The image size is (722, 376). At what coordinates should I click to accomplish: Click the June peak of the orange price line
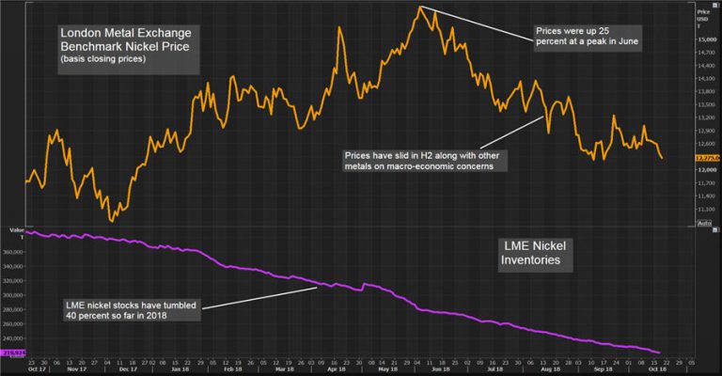click(x=420, y=8)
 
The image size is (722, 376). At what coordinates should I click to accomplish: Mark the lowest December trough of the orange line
click(x=113, y=221)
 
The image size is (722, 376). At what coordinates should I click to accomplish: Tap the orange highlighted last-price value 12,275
click(x=706, y=158)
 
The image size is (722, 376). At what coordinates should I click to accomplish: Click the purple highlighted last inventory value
click(x=15, y=354)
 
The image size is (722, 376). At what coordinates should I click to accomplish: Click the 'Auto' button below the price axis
click(x=705, y=222)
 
